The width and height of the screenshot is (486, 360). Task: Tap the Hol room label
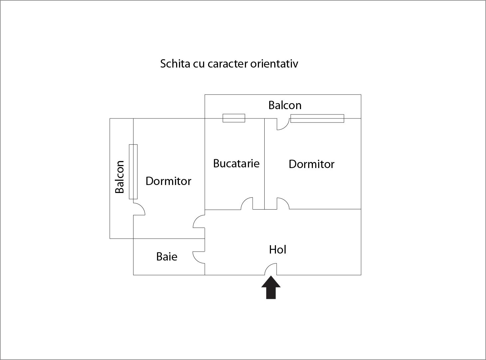coord(278,250)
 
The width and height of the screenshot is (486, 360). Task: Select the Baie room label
coord(166,257)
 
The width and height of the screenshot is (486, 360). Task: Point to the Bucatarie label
coord(236,163)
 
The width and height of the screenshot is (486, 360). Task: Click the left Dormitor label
coord(168,181)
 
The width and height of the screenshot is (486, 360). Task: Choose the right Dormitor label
coord(311,164)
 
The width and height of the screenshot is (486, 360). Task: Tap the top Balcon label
coord(285,105)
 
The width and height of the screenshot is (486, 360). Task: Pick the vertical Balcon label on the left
coord(120,177)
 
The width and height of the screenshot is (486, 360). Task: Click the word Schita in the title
coord(175,64)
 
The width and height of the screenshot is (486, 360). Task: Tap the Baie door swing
coord(199,257)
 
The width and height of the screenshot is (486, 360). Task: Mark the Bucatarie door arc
coord(247,203)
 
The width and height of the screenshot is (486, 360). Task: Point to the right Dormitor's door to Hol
coord(283,203)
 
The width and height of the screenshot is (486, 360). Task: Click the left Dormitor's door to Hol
coord(199,221)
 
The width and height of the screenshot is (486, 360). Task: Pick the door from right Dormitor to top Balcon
coord(283,124)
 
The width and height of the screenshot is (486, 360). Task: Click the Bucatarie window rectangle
coord(234,118)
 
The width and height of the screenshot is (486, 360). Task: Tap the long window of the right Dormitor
coord(317,118)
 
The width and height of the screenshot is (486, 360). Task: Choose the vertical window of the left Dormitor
coord(133,172)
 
